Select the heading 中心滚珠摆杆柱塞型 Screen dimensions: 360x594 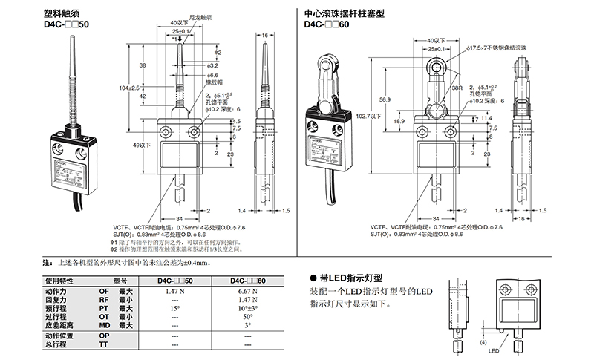click(344, 13)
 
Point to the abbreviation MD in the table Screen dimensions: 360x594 click(103, 324)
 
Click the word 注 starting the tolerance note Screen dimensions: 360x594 click(47, 263)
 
